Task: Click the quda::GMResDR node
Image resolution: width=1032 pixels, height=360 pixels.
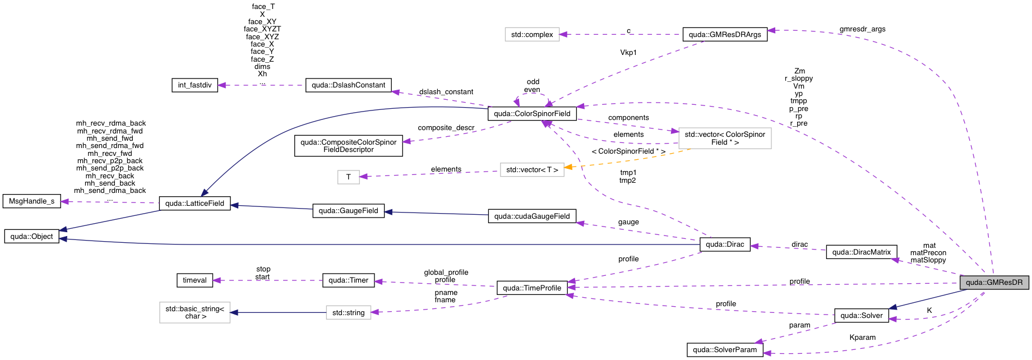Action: pyautogui.click(x=994, y=283)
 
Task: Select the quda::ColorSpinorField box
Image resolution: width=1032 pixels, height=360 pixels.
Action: pyautogui.click(x=532, y=114)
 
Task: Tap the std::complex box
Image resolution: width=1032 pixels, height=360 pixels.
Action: pyautogui.click(x=532, y=35)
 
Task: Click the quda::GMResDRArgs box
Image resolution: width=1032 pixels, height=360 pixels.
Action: pyautogui.click(x=725, y=35)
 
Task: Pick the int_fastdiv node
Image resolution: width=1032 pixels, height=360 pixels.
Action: pyautogui.click(x=195, y=85)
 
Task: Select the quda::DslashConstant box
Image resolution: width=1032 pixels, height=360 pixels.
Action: pyautogui.click(x=348, y=85)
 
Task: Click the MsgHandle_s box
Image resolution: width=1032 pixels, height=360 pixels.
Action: pyautogui.click(x=32, y=201)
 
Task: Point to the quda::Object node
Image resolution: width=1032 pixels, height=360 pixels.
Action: pyautogui.click(x=32, y=237)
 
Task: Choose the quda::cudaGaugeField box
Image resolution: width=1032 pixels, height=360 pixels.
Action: pyautogui.click(x=532, y=216)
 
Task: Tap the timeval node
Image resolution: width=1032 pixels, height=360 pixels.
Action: pyautogui.click(x=195, y=280)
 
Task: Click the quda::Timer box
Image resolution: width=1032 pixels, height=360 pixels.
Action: pyautogui.click(x=348, y=280)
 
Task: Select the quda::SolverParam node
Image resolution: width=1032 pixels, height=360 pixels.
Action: pyautogui.click(x=725, y=350)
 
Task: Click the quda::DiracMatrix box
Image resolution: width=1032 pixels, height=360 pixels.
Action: pyautogui.click(x=861, y=252)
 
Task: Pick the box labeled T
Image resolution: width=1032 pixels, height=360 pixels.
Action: pyautogui.click(x=348, y=177)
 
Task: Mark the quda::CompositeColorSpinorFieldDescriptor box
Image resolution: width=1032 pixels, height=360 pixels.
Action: pyautogui.click(x=348, y=146)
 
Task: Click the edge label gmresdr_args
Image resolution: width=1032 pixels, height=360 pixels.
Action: pyautogui.click(x=862, y=29)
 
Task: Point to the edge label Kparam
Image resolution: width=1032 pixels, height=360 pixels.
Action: pyautogui.click(x=862, y=338)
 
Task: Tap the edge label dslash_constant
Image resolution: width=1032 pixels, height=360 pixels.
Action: pyautogui.click(x=446, y=92)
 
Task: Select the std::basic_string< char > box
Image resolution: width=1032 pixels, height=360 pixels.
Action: pyautogui.click(x=195, y=313)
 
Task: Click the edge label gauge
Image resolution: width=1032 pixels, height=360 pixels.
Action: pyautogui.click(x=628, y=222)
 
